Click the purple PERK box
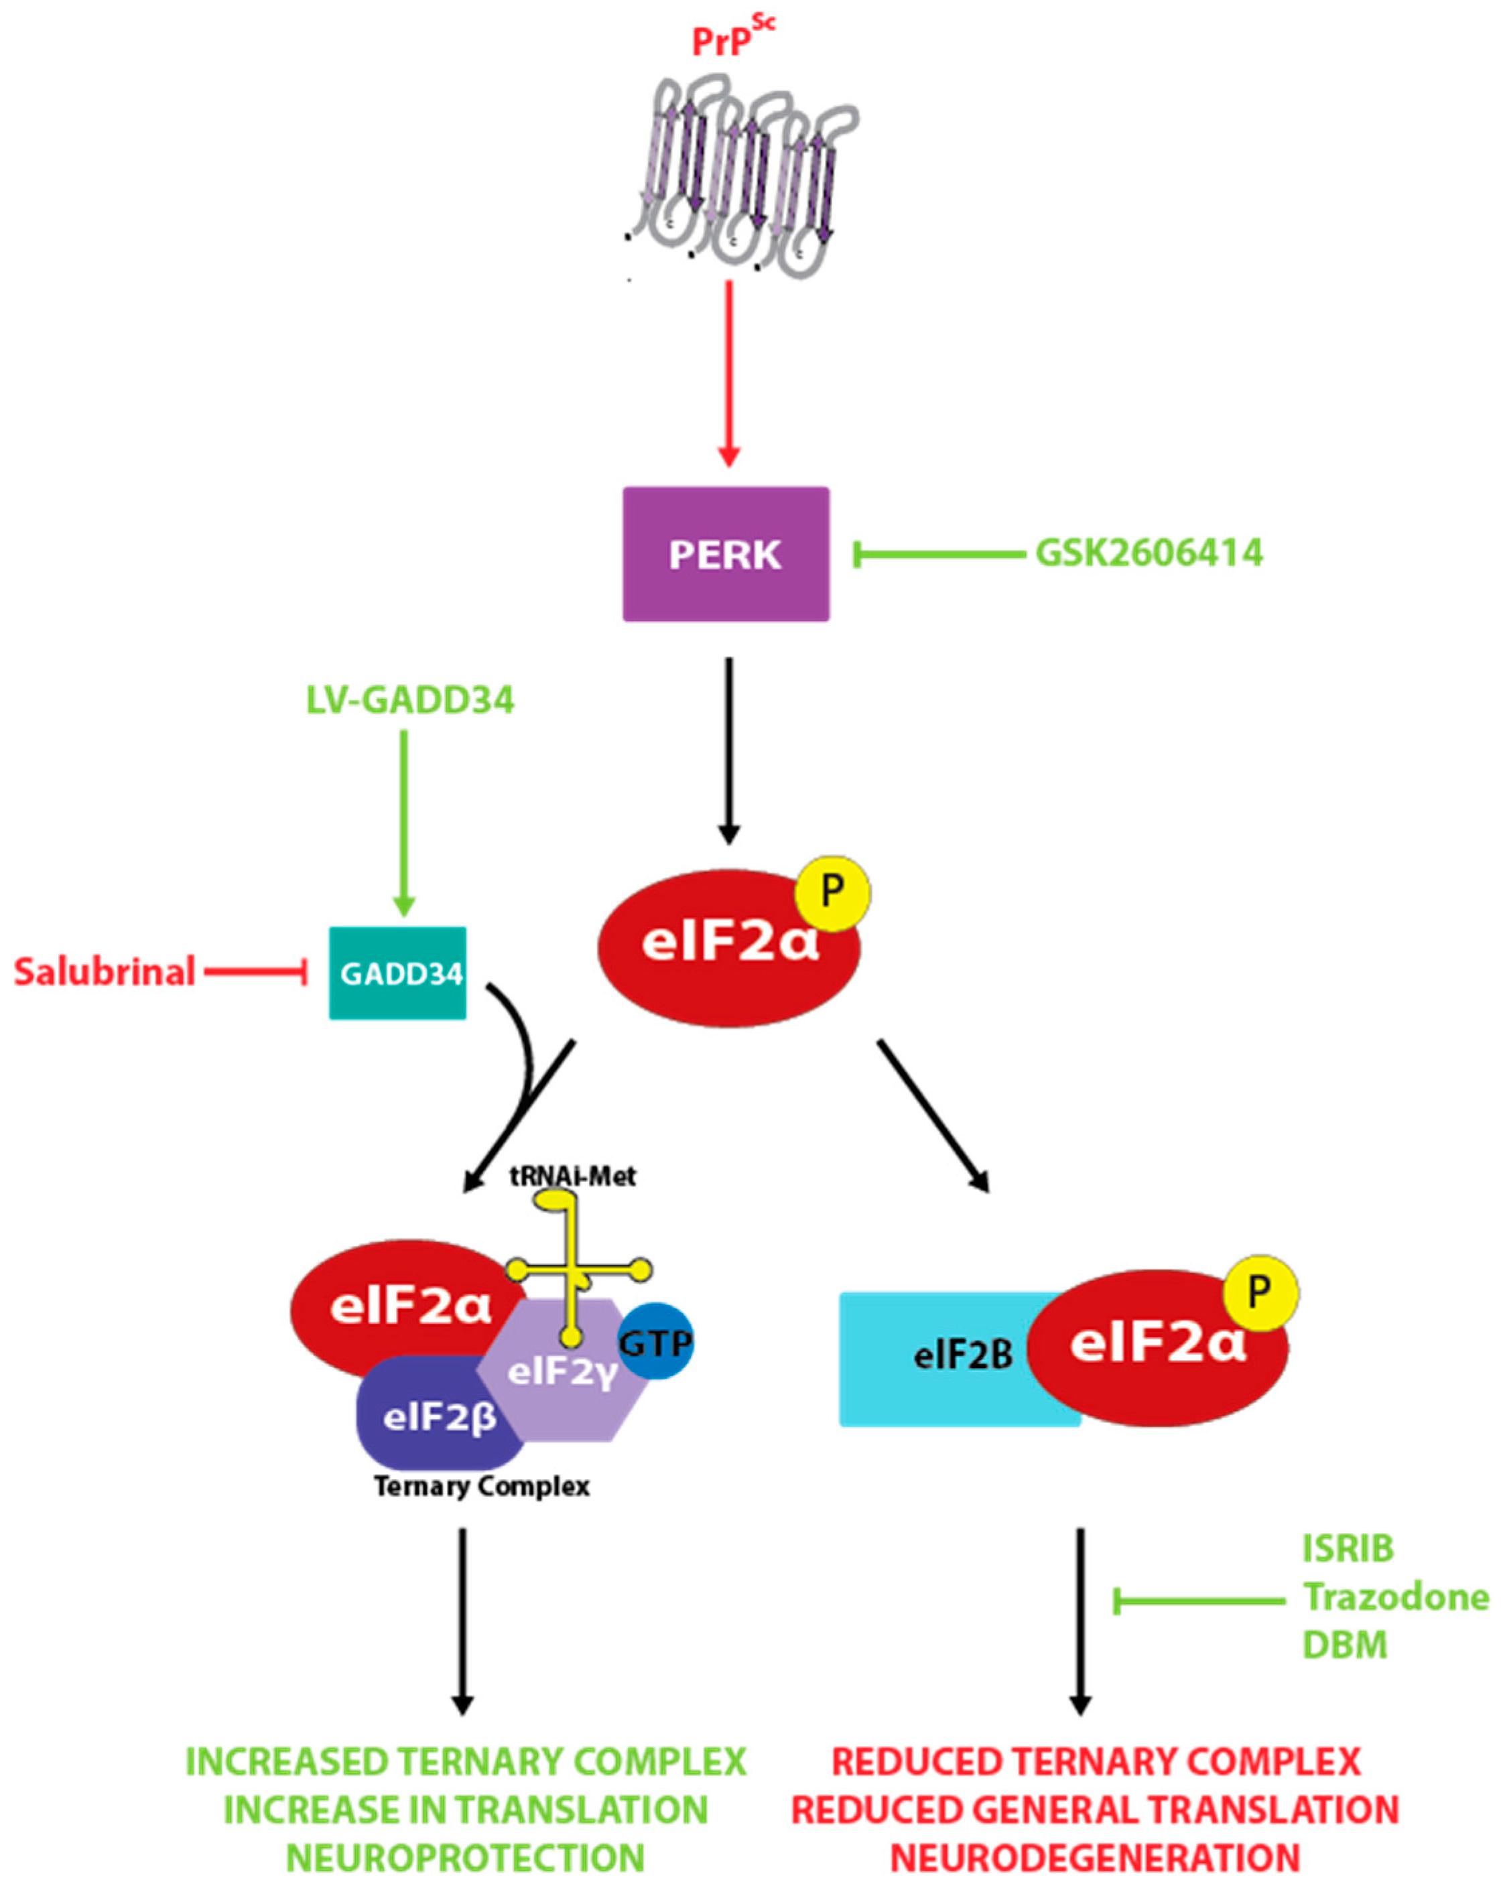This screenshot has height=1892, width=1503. pos(725,554)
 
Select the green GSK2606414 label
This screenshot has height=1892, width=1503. pos(1149,553)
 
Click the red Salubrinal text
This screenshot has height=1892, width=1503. pos(105,972)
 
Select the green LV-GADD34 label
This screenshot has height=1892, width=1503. pos(410,699)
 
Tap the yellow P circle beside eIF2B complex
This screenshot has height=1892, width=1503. pos(1260,1292)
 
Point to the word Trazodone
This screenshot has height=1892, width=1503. pos(1394,1597)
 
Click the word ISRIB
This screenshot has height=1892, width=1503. pos(1348,1549)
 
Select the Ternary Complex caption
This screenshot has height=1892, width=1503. pos(481,1487)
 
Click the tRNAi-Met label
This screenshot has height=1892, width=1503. pos(572,1176)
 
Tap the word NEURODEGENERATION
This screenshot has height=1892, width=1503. pos(1095,1858)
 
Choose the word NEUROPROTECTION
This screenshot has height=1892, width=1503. pos(465,1858)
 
